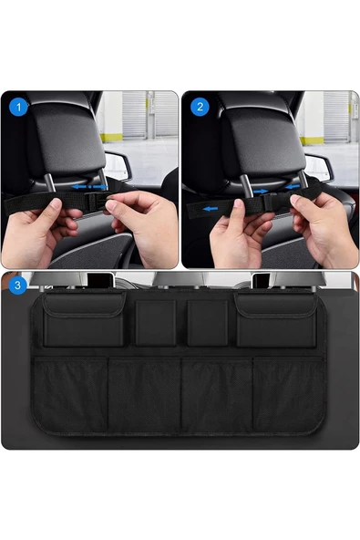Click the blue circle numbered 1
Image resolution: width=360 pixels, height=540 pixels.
coord(18,107)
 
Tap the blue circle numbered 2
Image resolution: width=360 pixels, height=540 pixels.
coord(200,107)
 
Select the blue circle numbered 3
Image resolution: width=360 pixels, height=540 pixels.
coord(17,286)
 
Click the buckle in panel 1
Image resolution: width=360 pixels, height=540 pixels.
coord(95,202)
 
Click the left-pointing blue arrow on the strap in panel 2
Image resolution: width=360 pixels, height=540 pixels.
coord(210,209)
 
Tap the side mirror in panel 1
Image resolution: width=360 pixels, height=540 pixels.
coord(118,166)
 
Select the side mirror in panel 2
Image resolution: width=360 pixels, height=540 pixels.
coord(319,168)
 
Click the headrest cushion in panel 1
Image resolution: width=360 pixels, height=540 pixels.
coord(67,140)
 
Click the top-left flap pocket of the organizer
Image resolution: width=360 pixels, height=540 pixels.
coord(84,319)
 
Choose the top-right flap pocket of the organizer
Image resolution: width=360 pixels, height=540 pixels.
coord(276,319)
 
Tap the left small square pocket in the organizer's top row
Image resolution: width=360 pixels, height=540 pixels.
coord(156,323)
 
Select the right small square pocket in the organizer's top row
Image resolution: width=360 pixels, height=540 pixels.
coord(208,323)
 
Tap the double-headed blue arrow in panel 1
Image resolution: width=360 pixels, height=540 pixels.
coord(89,187)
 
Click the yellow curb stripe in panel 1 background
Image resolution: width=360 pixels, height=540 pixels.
coord(111,138)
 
